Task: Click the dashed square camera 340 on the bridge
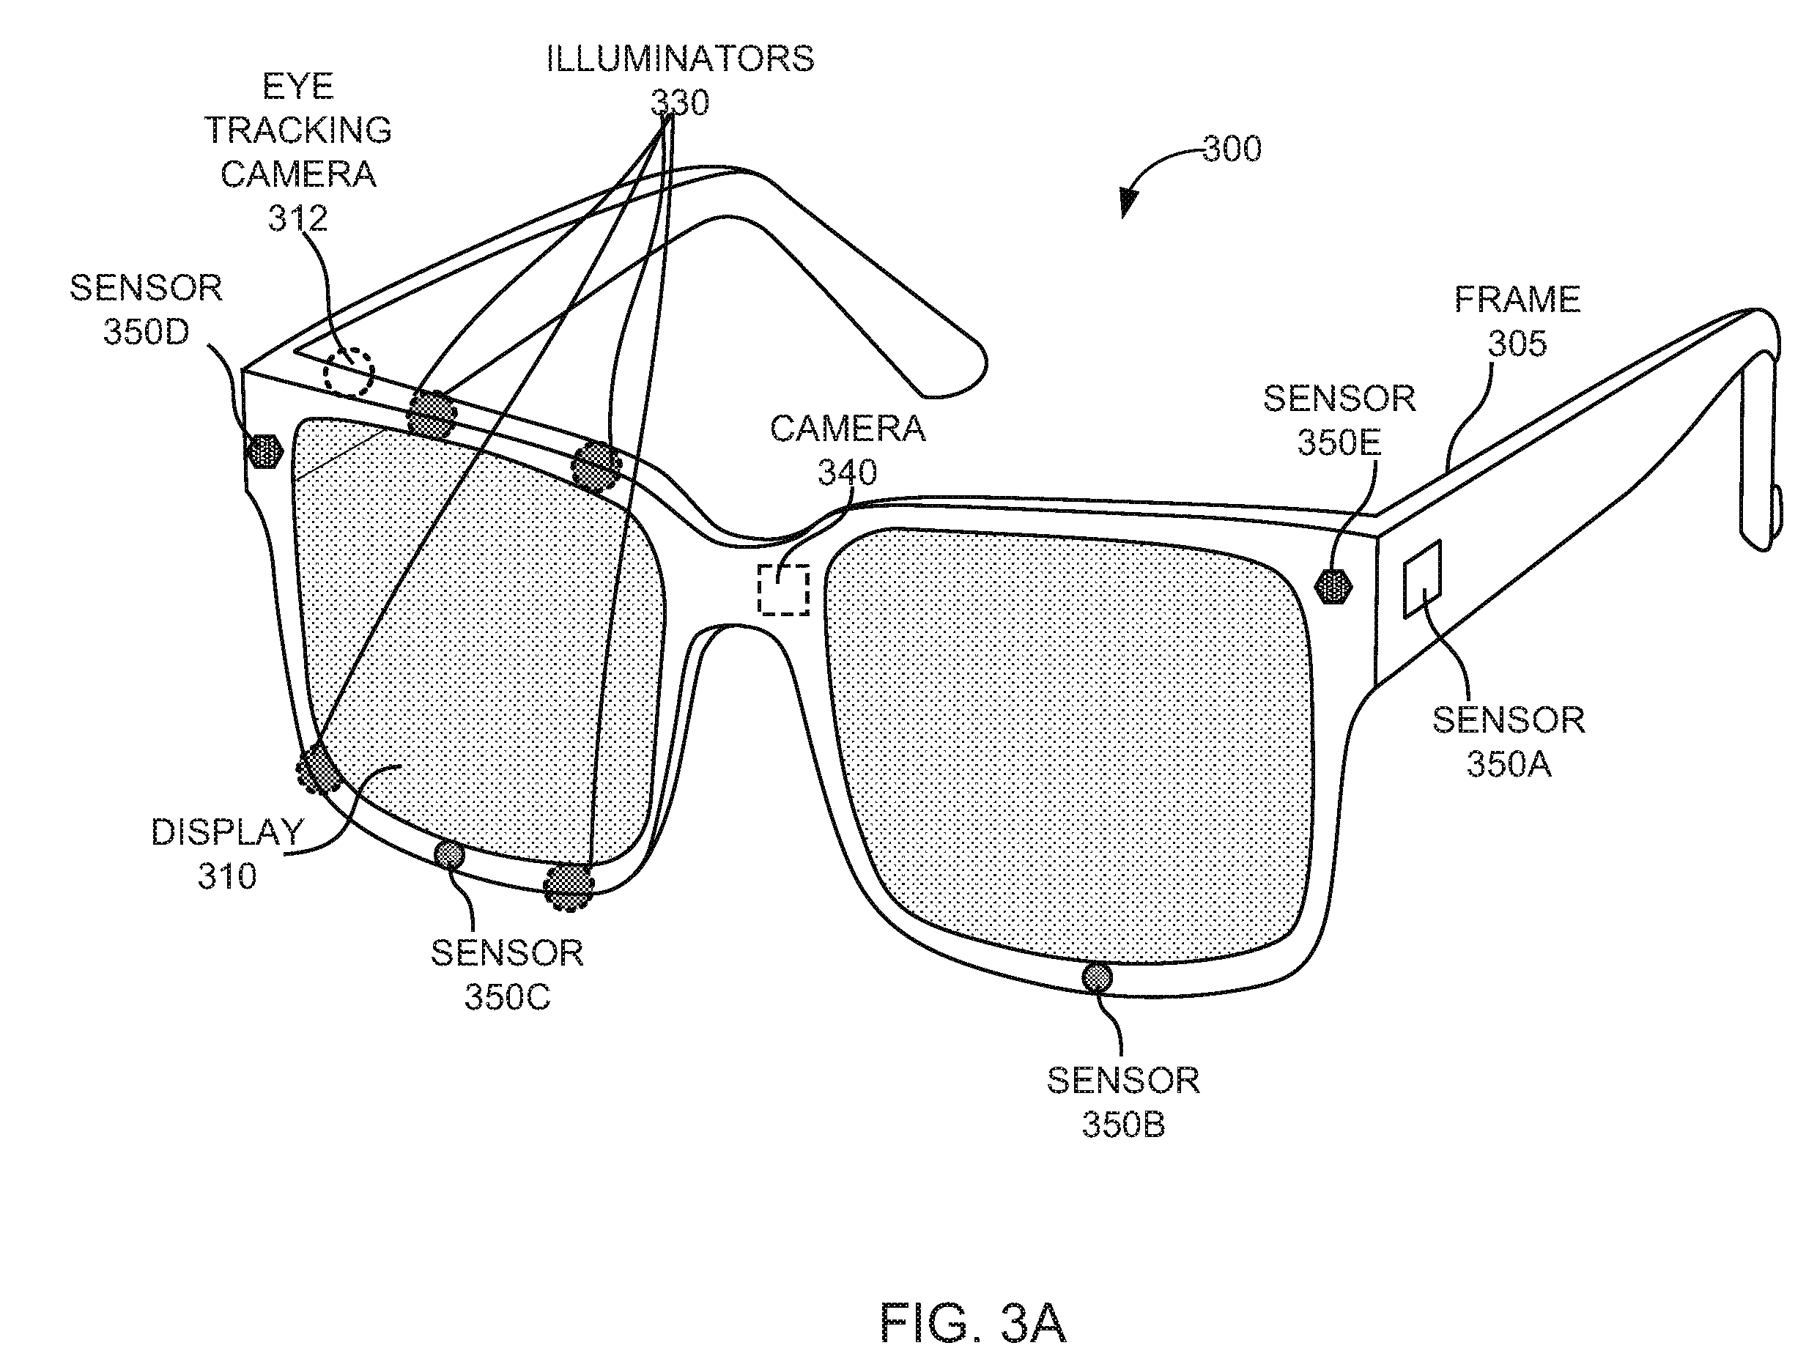click(784, 588)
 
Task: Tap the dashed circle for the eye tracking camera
click(349, 373)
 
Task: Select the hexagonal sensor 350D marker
click(264, 451)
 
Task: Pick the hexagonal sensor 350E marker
click(1334, 585)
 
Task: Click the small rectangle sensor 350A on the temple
click(1422, 579)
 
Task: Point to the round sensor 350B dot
click(1097, 978)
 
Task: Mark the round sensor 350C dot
click(449, 855)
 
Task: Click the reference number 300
click(1232, 149)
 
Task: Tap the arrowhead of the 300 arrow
click(1127, 204)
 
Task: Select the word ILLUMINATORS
click(680, 59)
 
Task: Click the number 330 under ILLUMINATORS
click(679, 103)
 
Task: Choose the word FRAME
click(1517, 300)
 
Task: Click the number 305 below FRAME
click(1517, 344)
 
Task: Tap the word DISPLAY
click(228, 832)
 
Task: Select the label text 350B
click(1123, 1125)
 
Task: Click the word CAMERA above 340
click(848, 429)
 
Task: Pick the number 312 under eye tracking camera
click(298, 218)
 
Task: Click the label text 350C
click(507, 997)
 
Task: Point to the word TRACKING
click(298, 130)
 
